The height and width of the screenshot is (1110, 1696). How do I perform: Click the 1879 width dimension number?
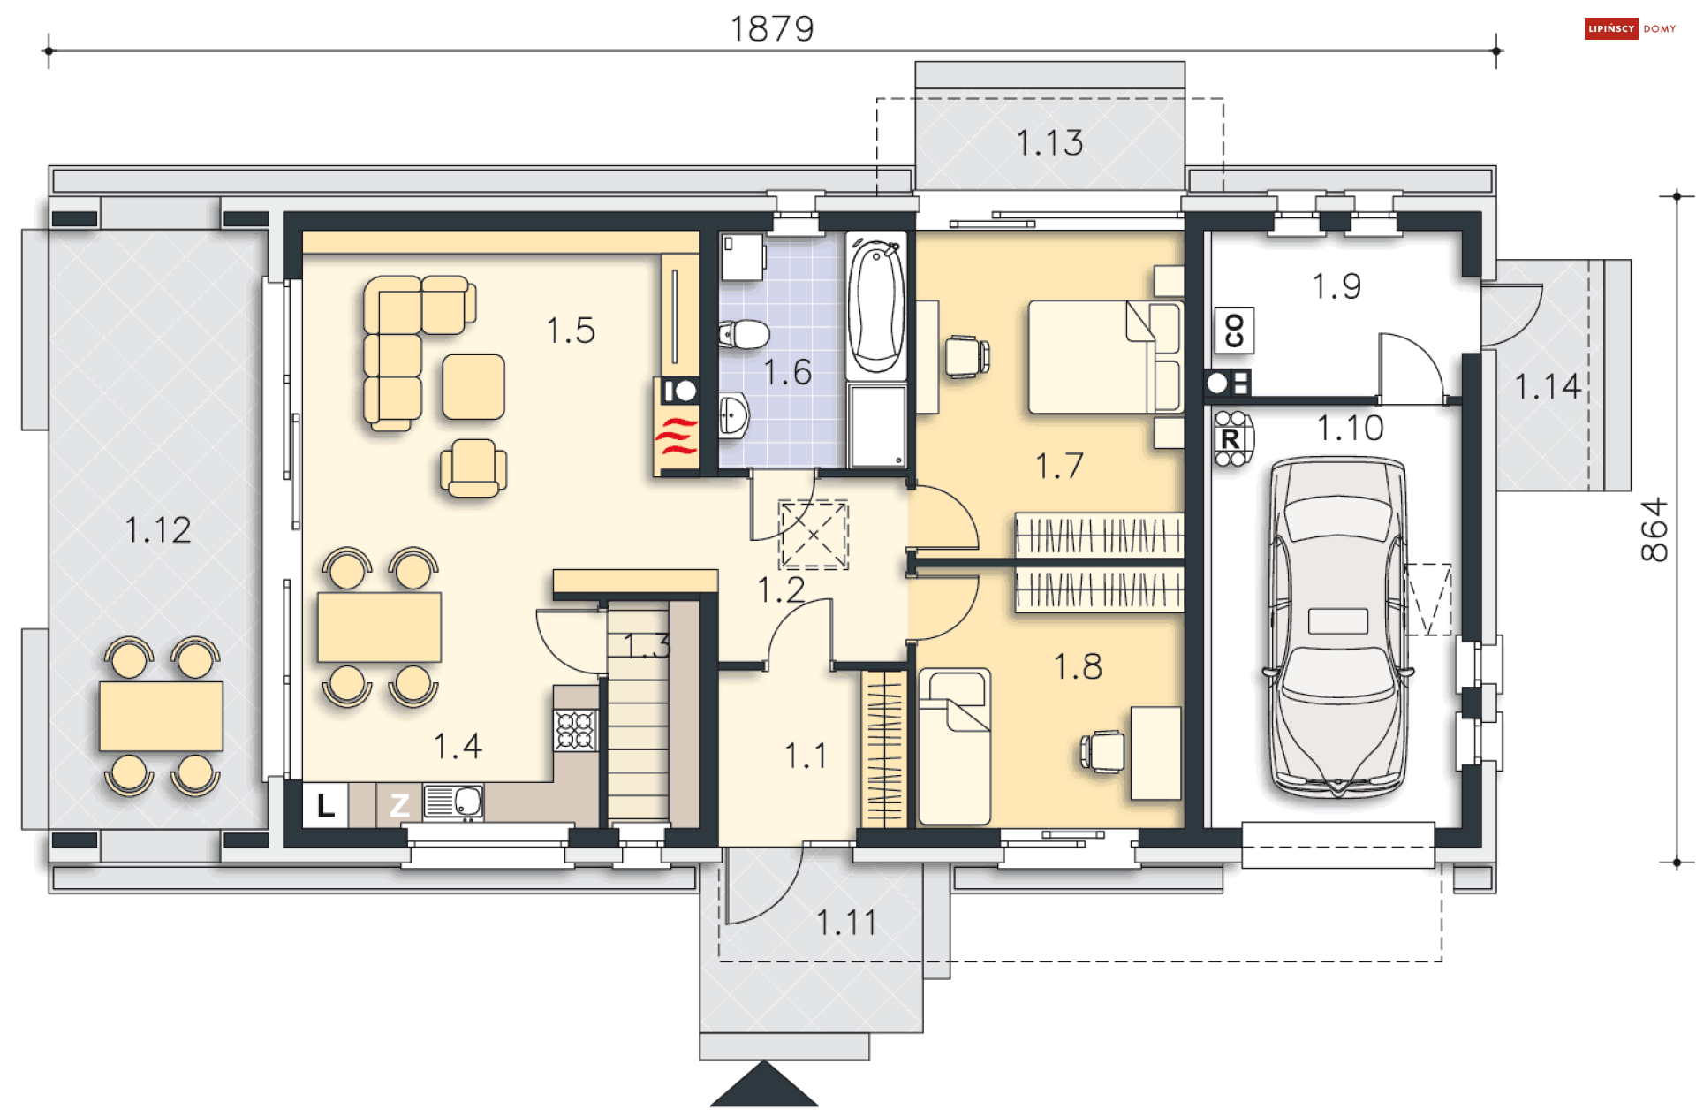tap(772, 29)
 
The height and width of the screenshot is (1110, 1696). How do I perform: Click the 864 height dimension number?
tap(1654, 529)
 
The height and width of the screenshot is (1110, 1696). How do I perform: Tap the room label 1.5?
tap(571, 331)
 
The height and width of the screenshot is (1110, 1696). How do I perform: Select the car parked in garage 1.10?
tap(1337, 627)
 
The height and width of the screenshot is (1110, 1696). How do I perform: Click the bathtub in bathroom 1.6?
tap(876, 305)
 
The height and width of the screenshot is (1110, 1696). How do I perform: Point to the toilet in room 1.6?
tap(744, 335)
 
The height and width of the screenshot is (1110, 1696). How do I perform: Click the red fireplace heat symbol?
tap(677, 437)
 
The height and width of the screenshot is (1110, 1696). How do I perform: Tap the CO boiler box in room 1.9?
tap(1234, 331)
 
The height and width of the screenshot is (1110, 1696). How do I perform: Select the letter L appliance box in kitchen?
tap(326, 805)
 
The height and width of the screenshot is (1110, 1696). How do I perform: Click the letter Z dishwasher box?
tap(399, 805)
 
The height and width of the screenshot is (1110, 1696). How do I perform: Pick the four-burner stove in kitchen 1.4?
tap(576, 730)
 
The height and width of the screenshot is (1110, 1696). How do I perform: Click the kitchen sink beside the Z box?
tap(453, 802)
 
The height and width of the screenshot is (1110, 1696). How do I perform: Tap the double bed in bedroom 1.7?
tap(1105, 357)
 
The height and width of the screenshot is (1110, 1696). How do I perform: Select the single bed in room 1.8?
tap(955, 746)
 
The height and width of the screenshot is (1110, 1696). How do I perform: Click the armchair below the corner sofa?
tap(473, 468)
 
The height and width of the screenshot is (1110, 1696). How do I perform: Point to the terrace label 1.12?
tap(158, 530)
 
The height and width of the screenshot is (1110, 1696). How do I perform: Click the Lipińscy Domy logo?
tap(1631, 28)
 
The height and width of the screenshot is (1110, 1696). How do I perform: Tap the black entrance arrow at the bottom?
tap(764, 1084)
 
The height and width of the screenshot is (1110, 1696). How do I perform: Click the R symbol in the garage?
tap(1230, 438)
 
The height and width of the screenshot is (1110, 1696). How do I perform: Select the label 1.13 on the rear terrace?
tap(1049, 142)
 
